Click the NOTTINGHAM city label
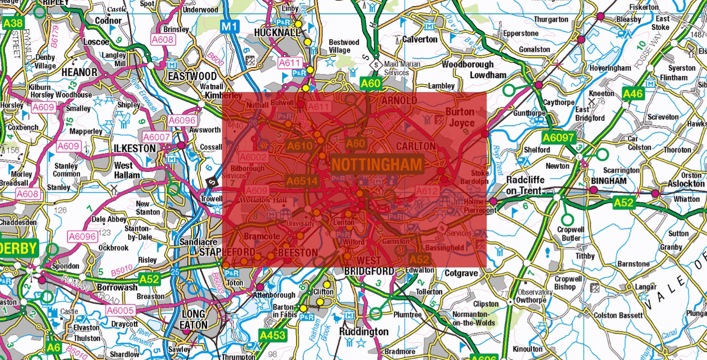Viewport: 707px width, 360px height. pyautogui.click(x=377, y=165)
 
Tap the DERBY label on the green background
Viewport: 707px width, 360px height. pyautogui.click(x=18, y=249)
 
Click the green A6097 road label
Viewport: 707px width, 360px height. pyautogui.click(x=559, y=138)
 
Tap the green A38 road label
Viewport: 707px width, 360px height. pyautogui.click(x=13, y=23)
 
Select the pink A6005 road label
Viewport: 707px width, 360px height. pyautogui.click(x=120, y=311)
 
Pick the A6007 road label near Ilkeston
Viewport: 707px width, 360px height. pyautogui.click(x=157, y=137)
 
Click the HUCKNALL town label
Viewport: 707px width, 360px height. pyautogui.click(x=277, y=33)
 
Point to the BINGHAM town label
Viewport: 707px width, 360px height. pyautogui.click(x=608, y=181)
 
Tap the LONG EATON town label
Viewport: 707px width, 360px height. pyautogui.click(x=193, y=320)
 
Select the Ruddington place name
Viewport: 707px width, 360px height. pyautogui.click(x=363, y=332)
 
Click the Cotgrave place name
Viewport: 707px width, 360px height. pyautogui.click(x=461, y=273)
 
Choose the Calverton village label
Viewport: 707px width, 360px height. pyautogui.click(x=419, y=39)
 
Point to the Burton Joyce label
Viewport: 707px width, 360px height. pyautogui.click(x=460, y=117)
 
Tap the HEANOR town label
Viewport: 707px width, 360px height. pyautogui.click(x=79, y=72)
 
